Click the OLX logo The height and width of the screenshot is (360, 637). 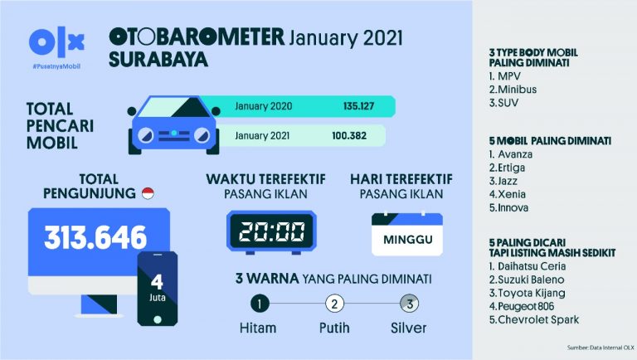coord(56,42)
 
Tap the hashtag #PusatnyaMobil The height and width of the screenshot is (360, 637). coord(56,64)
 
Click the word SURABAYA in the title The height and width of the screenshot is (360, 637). coord(158,60)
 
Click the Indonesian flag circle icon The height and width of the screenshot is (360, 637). coord(148,193)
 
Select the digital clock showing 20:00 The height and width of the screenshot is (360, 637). coord(270,232)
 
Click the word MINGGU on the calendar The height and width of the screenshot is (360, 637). coord(406,239)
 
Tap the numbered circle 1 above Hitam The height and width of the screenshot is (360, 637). coord(260,303)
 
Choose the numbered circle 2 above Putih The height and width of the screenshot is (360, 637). coord(333,303)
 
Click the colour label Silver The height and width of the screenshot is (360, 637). coord(408,328)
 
